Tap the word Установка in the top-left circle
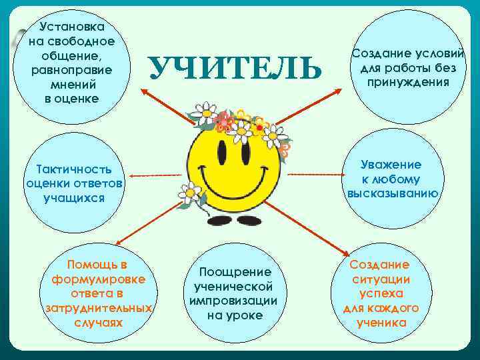[71, 27]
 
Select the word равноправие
[71, 69]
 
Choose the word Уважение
[391, 164]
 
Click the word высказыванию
[392, 193]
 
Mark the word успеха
[381, 293]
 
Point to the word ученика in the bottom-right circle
[381, 323]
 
